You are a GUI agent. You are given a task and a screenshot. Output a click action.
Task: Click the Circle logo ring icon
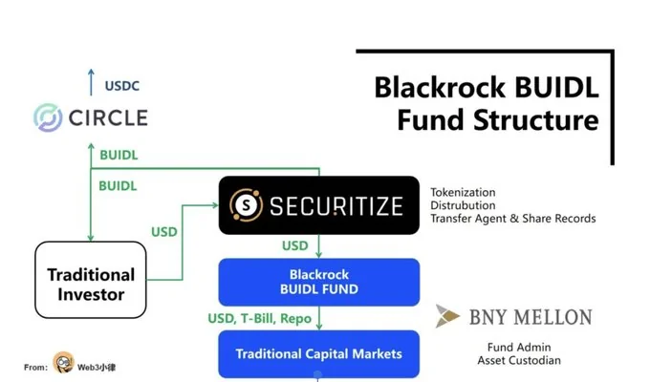click(48, 117)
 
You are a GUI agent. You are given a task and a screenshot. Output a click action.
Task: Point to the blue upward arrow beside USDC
click(93, 82)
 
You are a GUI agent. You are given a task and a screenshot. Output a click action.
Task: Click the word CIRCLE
click(108, 118)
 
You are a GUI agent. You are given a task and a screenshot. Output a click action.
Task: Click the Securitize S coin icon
click(247, 204)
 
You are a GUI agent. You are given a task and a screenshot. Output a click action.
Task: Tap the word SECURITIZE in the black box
click(335, 205)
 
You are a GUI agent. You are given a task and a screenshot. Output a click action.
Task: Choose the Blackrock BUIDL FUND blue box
click(318, 282)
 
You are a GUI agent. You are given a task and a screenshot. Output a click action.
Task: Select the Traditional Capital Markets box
click(318, 353)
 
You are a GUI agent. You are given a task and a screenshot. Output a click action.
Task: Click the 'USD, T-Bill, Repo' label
click(259, 317)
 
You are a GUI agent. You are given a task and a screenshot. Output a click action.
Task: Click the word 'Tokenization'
click(463, 192)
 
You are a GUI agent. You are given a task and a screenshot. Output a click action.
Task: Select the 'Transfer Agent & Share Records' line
click(512, 219)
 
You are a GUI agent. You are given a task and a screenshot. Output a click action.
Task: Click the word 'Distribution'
click(463, 205)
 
